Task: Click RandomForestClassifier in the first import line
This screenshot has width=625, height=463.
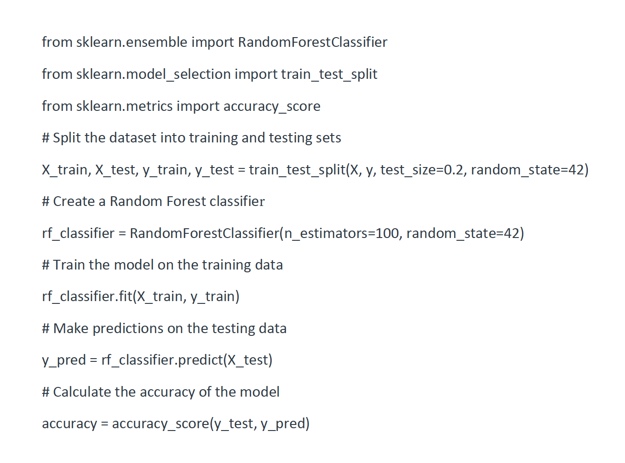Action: coord(312,42)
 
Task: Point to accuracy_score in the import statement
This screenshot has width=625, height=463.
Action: coord(272,106)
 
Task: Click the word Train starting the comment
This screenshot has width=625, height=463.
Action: coord(69,265)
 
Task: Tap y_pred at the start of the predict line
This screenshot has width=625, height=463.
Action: coord(64,360)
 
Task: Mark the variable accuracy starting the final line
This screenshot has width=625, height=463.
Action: coord(69,424)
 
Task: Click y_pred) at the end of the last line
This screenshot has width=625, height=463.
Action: coord(285,424)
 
